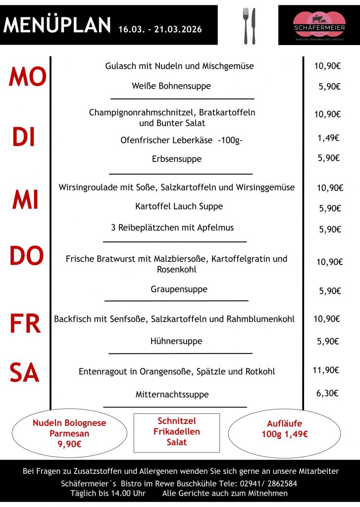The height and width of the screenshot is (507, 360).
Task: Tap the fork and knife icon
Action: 249,26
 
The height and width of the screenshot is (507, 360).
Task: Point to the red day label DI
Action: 24,137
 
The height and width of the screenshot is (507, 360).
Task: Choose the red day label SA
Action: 24,373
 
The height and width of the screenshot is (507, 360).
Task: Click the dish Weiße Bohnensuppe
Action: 171,86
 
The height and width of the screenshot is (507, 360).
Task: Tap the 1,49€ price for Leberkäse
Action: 328,138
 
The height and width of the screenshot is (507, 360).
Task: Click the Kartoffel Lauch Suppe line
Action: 179,206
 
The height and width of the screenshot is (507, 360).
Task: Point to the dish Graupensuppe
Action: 179,289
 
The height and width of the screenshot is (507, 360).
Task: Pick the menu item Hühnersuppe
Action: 176,341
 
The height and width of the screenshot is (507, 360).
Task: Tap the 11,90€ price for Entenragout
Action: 326,370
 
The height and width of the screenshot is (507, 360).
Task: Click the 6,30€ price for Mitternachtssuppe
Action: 327,393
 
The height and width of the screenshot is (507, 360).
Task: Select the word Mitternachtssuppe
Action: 172,395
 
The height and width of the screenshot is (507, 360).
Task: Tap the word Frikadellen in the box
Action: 177,431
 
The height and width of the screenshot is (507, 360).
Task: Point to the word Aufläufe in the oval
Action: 284,424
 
